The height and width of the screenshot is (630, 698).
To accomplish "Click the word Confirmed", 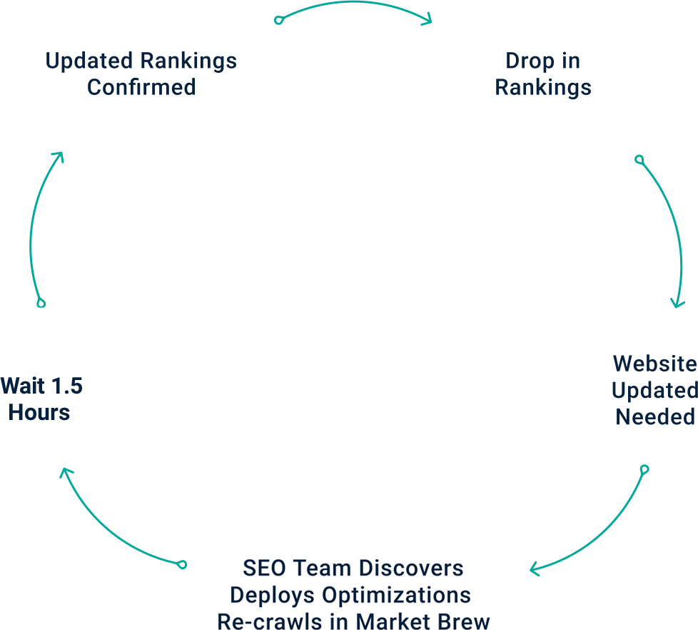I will (x=141, y=87).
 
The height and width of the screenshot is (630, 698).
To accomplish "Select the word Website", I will (x=654, y=364).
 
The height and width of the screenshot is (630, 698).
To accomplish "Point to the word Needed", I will (x=655, y=416).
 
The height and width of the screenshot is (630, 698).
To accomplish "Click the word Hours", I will (x=39, y=412).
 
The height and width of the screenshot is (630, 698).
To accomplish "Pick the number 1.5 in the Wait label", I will (x=66, y=386).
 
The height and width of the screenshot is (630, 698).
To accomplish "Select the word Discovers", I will (x=410, y=569).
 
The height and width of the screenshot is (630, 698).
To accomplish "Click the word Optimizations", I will (x=396, y=595).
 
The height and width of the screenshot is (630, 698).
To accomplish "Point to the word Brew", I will (x=462, y=621).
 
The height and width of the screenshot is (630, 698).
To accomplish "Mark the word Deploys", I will (x=273, y=595).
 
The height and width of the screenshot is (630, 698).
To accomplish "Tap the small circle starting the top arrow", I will (x=279, y=20).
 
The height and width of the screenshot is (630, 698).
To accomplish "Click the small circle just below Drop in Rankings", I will (x=639, y=159).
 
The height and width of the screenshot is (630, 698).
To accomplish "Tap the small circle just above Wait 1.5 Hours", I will (x=41, y=304).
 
